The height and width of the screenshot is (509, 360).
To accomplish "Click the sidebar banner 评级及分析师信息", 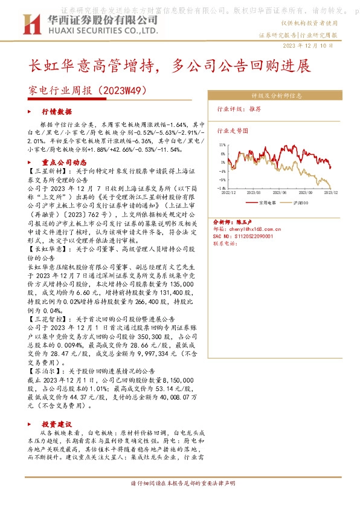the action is coord(277,96).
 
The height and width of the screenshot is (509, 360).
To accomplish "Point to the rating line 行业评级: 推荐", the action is coord(239,110).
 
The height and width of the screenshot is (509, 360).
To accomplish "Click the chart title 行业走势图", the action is coord(233,130).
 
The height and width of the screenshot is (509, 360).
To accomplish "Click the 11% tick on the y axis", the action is coord(222,145).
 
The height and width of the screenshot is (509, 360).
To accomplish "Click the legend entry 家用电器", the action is coord(266,203).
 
